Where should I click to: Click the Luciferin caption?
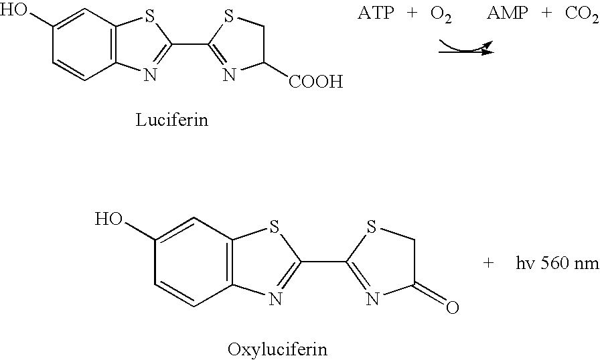coord(172,120)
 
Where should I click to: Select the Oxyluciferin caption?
coord(277,349)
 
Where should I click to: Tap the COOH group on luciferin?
coord(315,82)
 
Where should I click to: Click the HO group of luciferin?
coord(14,10)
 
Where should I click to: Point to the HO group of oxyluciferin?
coord(108,219)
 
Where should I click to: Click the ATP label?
coord(376,13)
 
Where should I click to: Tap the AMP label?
coord(508,13)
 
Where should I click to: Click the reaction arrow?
coord(467,52)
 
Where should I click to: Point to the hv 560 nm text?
coord(557,264)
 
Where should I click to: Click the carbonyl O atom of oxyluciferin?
coord(452,307)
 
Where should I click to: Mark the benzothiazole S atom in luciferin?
coord(150,17)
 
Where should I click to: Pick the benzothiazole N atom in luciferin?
coord(151,74)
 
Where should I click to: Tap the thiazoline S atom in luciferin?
coord(228,17)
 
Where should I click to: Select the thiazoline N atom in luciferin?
coord(229,74)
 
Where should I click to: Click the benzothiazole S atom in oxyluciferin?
coord(274,228)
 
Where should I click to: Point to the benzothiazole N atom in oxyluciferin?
coord(275,298)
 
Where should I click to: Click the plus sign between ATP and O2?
coord(412,13)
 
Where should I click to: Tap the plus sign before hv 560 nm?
coord(488,264)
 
